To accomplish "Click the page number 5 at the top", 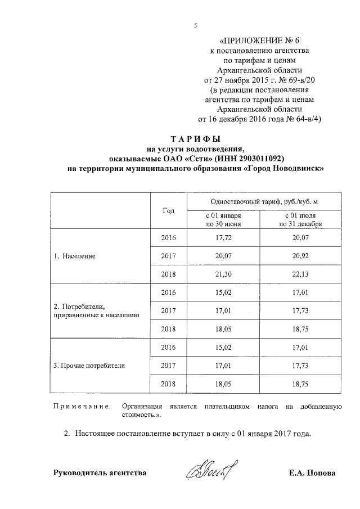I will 195,23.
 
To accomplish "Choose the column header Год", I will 168,210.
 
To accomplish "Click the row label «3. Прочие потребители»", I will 89,366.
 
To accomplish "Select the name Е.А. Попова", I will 309,473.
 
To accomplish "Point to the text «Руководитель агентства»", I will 100,473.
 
